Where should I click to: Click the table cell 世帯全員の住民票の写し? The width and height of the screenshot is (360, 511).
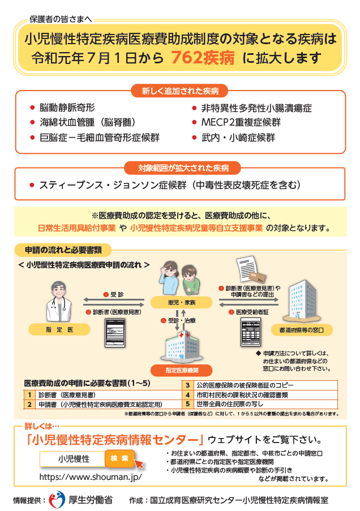point(238,404)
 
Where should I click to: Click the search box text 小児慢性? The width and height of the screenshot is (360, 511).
point(74,458)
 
